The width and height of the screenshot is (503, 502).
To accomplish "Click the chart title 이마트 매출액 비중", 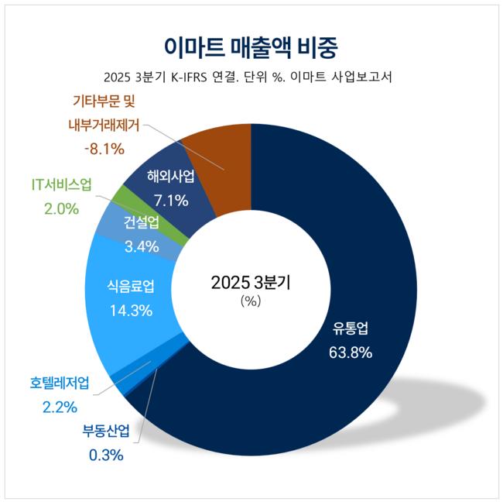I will [251, 45].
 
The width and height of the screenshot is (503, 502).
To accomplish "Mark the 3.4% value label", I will [141, 247].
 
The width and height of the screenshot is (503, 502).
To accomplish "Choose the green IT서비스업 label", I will [61, 185].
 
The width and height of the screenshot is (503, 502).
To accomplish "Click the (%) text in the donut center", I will [251, 301].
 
